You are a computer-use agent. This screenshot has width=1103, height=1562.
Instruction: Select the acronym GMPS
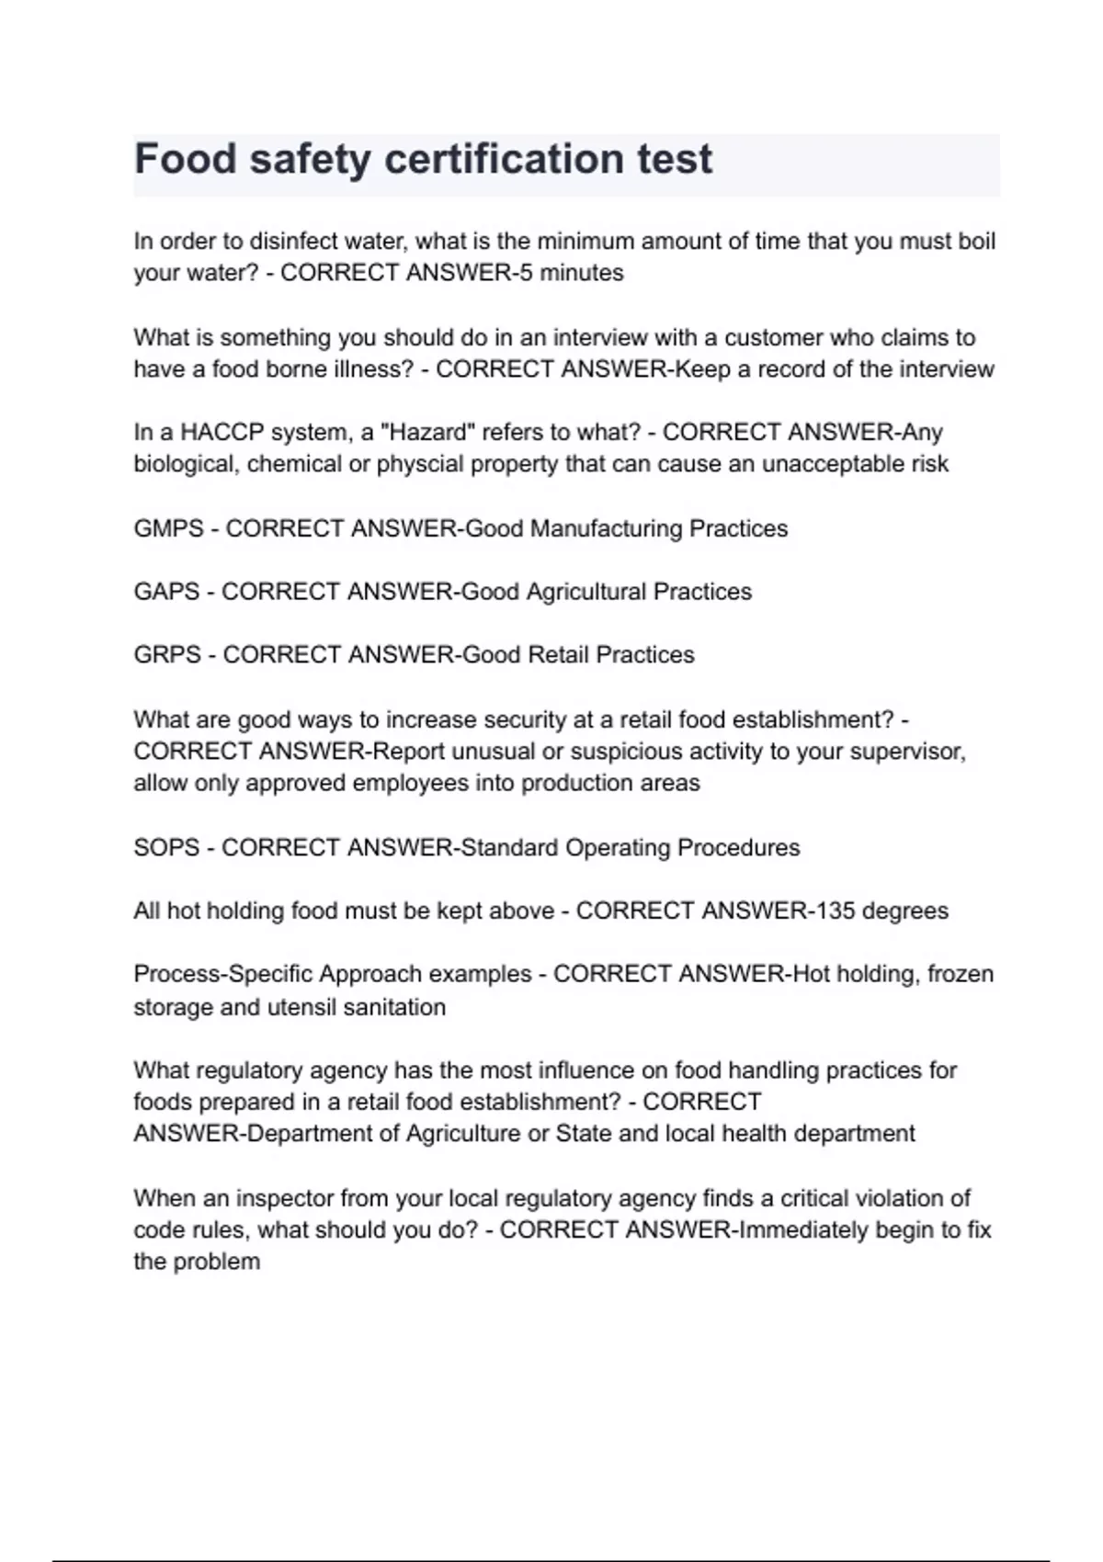[168, 529]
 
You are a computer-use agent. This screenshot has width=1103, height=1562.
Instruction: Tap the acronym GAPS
[166, 592]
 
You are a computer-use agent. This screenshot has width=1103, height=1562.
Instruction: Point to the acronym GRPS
[167, 655]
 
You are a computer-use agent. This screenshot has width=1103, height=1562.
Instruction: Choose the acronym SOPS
[166, 848]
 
